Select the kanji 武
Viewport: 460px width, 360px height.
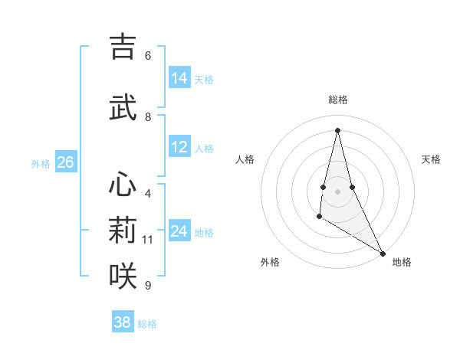pos(123,108)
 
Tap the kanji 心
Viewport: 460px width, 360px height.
pos(123,185)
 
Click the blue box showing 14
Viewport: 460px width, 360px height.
pos(179,78)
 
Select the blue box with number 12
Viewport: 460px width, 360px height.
pos(179,147)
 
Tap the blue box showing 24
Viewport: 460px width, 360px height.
pos(179,231)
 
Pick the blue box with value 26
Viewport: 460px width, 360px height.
pos(65,162)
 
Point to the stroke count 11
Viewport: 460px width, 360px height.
pos(148,240)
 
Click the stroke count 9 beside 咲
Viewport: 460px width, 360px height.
pos(148,286)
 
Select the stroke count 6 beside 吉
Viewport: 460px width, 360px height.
pos(148,56)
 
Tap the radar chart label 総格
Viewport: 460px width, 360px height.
pos(338,100)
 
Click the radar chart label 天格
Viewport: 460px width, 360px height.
pos(431,159)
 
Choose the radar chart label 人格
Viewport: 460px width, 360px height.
pos(245,159)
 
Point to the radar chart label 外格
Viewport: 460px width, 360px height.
pos(270,262)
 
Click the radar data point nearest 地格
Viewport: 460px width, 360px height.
pos(383,254)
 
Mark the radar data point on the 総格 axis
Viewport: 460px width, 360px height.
pos(337,129)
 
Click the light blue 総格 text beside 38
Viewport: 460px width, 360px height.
pos(147,324)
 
